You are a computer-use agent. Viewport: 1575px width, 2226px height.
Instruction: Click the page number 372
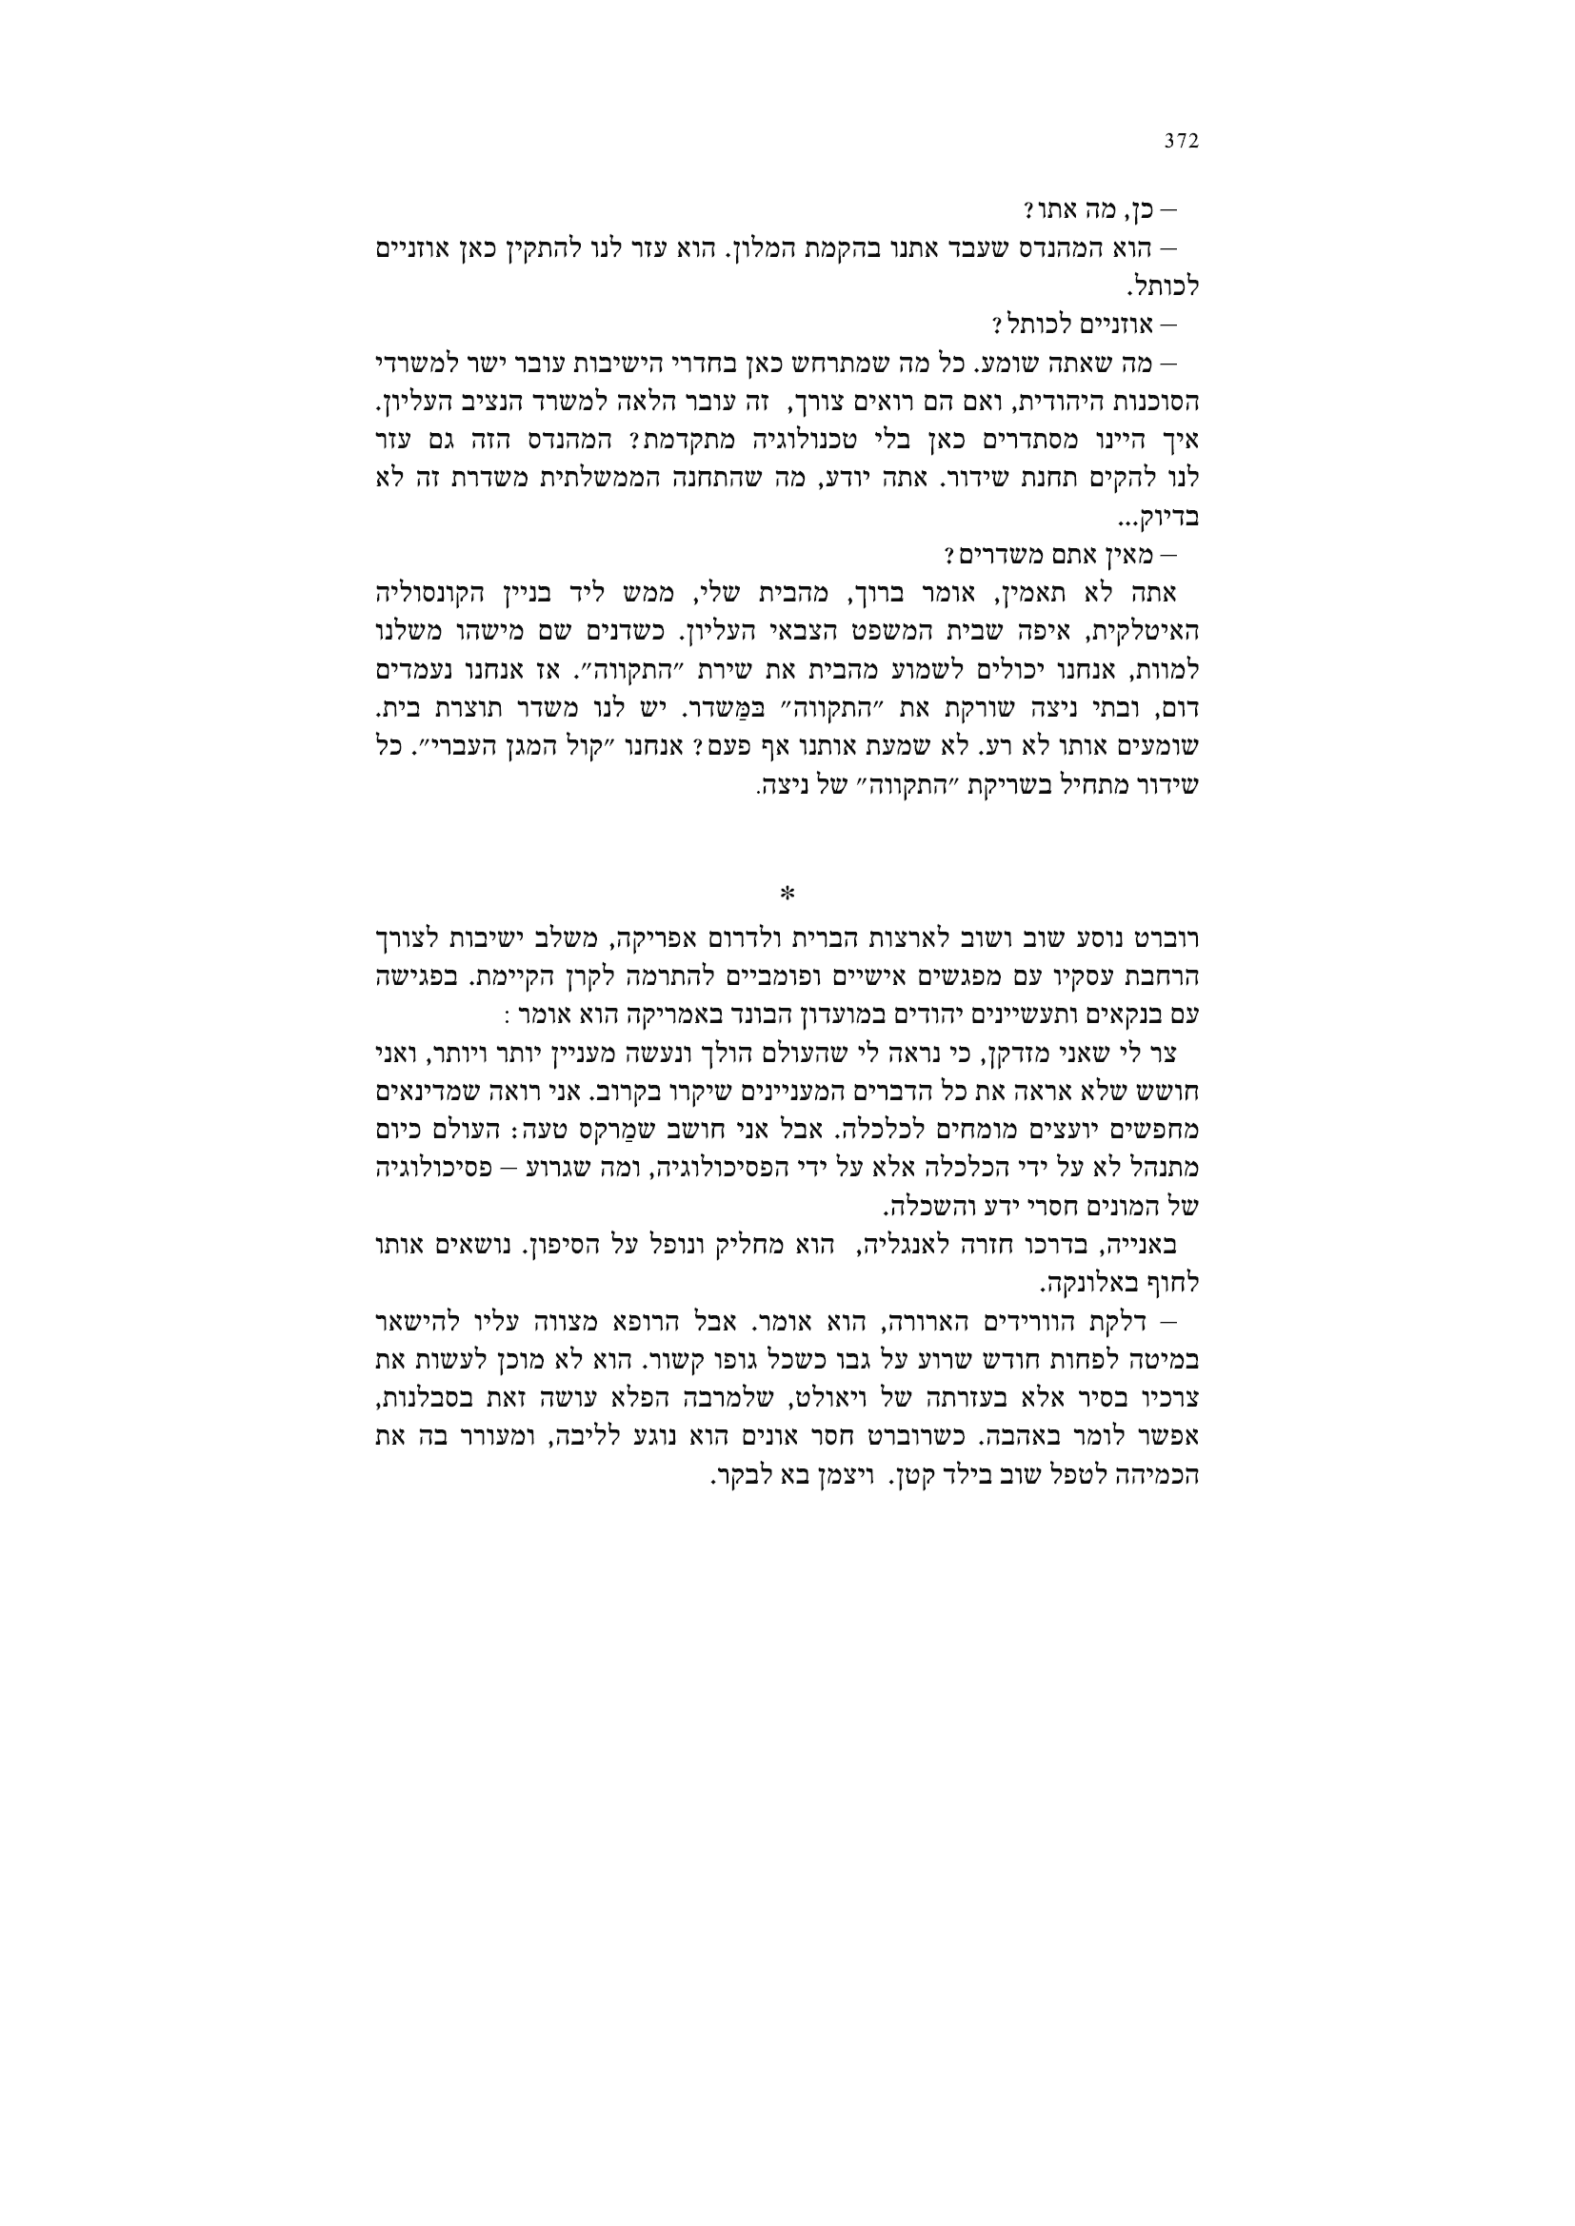point(1181,142)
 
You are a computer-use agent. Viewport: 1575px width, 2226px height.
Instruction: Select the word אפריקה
point(661,939)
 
